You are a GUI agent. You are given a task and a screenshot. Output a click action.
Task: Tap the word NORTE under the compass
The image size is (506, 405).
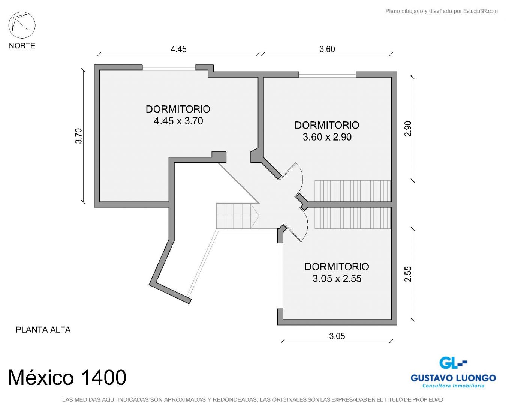22,46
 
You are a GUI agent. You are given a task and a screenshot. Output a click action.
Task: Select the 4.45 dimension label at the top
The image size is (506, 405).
178,49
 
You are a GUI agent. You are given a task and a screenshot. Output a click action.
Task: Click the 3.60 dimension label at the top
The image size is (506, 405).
327,49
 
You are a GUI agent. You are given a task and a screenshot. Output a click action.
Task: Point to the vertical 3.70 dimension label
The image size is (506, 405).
79,136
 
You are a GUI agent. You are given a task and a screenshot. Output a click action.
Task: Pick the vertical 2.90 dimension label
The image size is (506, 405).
408,129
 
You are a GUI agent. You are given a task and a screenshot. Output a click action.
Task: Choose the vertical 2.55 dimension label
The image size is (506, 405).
408,274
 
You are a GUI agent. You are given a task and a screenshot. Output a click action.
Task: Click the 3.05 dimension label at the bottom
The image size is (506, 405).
337,336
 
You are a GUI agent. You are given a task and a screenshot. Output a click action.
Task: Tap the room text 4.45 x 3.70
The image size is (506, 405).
178,121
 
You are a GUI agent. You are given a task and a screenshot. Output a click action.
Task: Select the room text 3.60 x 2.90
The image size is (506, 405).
327,137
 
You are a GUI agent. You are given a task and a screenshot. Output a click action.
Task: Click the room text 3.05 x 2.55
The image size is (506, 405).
337,278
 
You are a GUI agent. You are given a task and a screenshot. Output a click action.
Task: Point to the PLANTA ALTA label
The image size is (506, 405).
43,330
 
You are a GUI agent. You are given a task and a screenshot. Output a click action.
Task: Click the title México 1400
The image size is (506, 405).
67,377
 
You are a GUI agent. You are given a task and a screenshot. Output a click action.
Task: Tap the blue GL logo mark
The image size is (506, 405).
453,363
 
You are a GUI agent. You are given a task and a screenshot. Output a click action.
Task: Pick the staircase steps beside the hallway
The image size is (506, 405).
238,216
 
